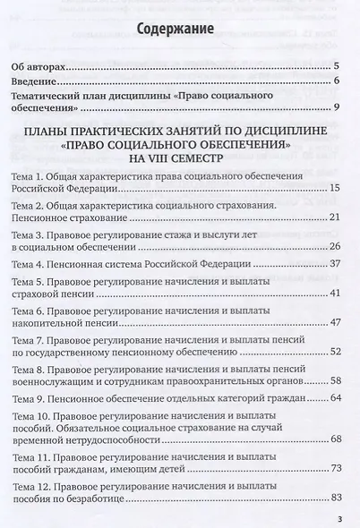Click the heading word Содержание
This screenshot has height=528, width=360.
click(175, 31)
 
